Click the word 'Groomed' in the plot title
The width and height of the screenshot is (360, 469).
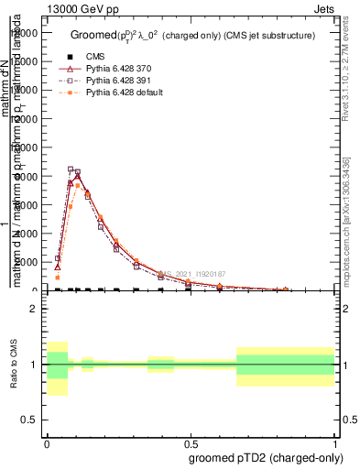click(x=91, y=35)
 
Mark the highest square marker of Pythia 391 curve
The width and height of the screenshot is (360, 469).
click(x=71, y=169)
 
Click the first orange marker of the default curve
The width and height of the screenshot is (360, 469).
click(x=57, y=277)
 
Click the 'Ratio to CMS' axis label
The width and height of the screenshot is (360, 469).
click(x=13, y=365)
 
